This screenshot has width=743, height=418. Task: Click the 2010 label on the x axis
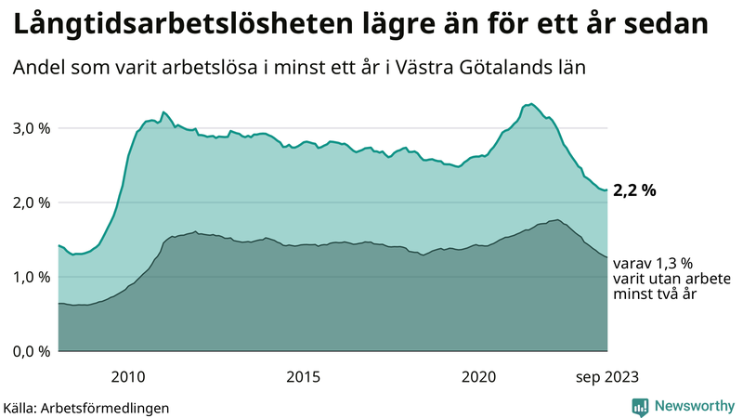(128, 376)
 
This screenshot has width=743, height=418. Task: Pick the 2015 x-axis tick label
(304, 376)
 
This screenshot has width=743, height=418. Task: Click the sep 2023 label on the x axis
(606, 376)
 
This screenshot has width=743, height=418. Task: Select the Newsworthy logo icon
(641, 406)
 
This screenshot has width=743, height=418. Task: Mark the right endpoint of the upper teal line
(607, 190)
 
